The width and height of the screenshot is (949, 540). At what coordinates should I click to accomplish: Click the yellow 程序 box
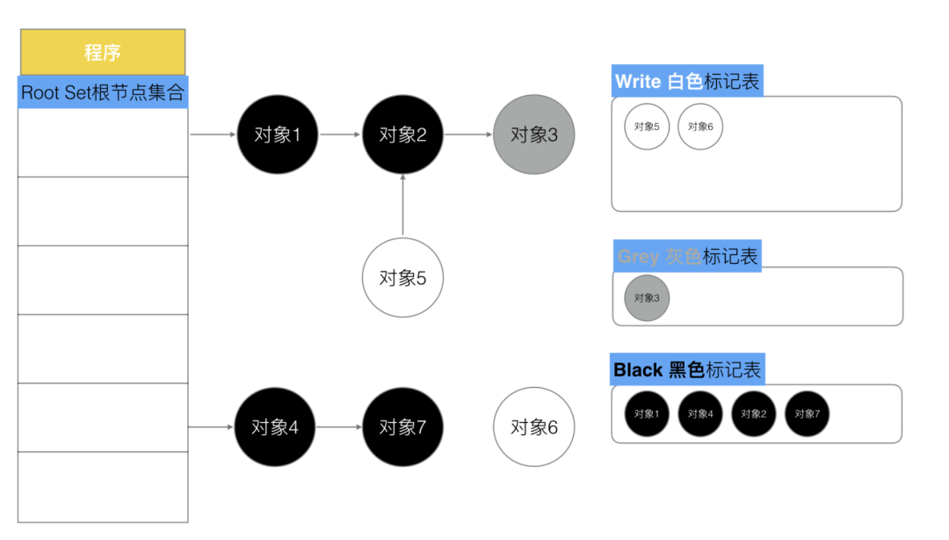point(103,52)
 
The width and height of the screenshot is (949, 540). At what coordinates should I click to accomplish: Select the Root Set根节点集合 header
point(103,92)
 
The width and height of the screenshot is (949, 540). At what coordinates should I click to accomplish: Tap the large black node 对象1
point(277,135)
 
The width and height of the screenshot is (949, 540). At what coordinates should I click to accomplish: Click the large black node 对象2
point(402,135)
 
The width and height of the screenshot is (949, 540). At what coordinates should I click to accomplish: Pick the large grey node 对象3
point(534,135)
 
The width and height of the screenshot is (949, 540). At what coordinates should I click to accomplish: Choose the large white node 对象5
point(402,278)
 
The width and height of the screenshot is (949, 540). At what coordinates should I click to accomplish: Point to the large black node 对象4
point(275,427)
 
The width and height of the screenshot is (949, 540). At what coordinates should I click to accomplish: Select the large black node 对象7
point(402,427)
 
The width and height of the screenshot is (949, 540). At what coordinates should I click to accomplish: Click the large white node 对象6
point(534,427)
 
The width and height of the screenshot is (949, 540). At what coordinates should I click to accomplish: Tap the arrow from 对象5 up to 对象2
point(402,206)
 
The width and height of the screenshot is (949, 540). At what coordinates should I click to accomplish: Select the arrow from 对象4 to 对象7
point(339,427)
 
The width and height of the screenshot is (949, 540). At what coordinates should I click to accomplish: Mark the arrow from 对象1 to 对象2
point(340,135)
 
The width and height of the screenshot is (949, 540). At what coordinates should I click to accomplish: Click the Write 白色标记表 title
point(687,82)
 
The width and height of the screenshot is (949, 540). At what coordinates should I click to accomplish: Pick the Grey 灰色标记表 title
point(687,256)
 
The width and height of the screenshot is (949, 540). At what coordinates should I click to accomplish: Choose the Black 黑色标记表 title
point(687,369)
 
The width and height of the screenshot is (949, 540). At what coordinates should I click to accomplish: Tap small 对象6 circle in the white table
point(700,127)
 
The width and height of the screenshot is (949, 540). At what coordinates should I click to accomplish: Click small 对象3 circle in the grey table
point(647,298)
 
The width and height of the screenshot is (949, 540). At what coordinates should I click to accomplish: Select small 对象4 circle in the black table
point(700,413)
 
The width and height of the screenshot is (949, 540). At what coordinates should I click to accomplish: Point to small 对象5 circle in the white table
point(647,127)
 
